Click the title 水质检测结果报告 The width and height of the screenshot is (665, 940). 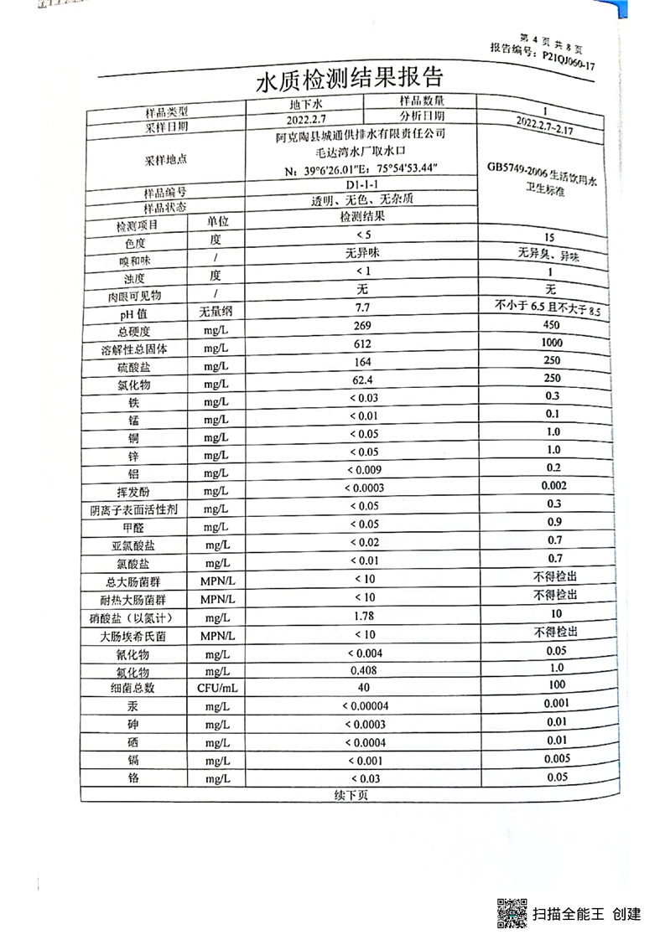[348, 81]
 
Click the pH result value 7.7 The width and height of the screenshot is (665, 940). [362, 308]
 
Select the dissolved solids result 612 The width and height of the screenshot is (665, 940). [362, 347]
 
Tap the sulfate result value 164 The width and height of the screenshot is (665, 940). [362, 365]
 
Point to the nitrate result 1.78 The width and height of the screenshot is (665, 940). [364, 617]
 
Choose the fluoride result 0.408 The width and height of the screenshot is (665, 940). [364, 670]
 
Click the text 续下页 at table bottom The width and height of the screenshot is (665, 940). [351, 794]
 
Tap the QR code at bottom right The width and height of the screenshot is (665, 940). [512, 912]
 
